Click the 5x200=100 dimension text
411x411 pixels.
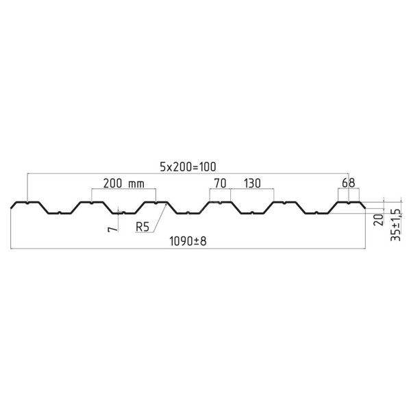[188, 166]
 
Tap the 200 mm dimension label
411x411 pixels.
[124, 184]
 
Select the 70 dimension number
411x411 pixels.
[220, 184]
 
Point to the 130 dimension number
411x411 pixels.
[252, 184]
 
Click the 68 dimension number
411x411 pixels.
[349, 183]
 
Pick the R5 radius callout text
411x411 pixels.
[142, 227]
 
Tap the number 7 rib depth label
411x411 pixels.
[113, 229]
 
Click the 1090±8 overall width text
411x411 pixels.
[188, 241]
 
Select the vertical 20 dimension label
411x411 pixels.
[379, 220]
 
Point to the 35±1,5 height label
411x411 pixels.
[395, 225]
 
